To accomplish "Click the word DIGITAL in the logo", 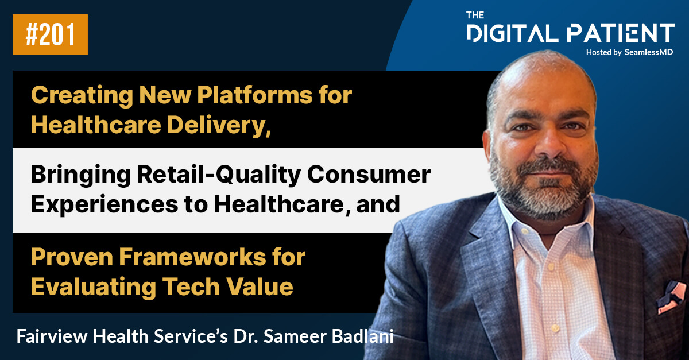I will tap(513, 33).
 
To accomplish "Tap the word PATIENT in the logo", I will tap(621, 33).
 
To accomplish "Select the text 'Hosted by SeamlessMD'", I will tap(630, 52).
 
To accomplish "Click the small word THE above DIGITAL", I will tap(477, 15).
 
